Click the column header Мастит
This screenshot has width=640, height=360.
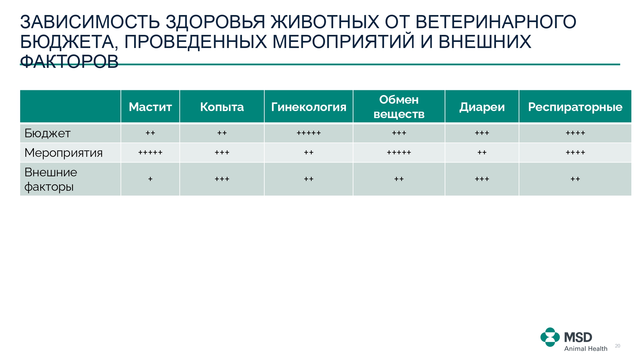click(x=150, y=107)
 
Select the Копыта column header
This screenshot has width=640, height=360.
click(x=222, y=107)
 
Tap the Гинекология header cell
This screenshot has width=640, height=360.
click(x=308, y=107)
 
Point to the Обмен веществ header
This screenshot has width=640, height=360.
click(x=399, y=107)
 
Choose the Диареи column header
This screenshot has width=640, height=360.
click(x=482, y=107)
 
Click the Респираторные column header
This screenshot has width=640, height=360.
click(x=575, y=107)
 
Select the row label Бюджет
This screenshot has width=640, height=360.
click(x=47, y=133)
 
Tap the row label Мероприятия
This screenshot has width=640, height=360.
click(x=63, y=153)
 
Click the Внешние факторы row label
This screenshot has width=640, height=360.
click(x=51, y=179)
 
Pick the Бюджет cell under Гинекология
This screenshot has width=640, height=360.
click(x=308, y=133)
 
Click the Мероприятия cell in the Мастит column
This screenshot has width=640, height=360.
click(x=150, y=153)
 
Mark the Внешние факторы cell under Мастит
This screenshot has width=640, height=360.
click(x=150, y=179)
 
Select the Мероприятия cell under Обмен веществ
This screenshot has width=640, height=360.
click(x=399, y=153)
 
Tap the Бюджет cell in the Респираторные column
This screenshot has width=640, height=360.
click(x=575, y=133)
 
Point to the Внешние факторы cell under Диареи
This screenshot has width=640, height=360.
click(x=482, y=179)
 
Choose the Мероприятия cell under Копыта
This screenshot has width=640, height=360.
click(x=222, y=153)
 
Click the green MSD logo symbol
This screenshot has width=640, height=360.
click(x=550, y=337)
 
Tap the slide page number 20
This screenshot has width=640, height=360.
click(x=618, y=346)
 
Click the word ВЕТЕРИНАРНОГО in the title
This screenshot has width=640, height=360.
click(x=496, y=22)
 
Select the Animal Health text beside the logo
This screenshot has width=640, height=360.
click(x=586, y=348)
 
